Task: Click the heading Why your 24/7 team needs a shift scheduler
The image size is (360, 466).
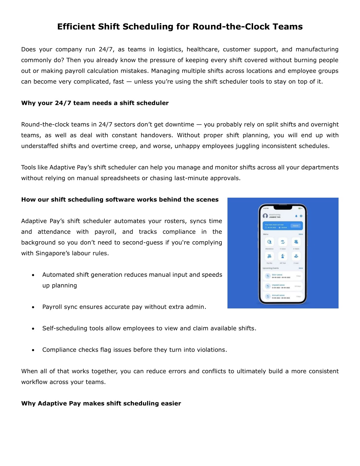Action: (95, 103)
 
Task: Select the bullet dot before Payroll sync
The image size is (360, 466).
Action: (33, 307)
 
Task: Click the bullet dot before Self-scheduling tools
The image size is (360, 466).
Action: (33, 329)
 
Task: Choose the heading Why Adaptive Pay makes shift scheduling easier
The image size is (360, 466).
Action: (101, 403)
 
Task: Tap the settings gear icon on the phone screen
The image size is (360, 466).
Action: (301, 216)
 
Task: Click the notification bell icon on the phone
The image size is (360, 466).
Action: (296, 216)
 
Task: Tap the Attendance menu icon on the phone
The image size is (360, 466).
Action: (269, 242)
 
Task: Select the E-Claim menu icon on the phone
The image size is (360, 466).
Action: (296, 242)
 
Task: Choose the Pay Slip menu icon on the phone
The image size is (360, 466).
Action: (269, 256)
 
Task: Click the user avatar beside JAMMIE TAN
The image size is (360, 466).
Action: (265, 216)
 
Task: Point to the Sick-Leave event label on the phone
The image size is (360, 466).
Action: (277, 275)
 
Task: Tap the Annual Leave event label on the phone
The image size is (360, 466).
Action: (278, 295)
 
